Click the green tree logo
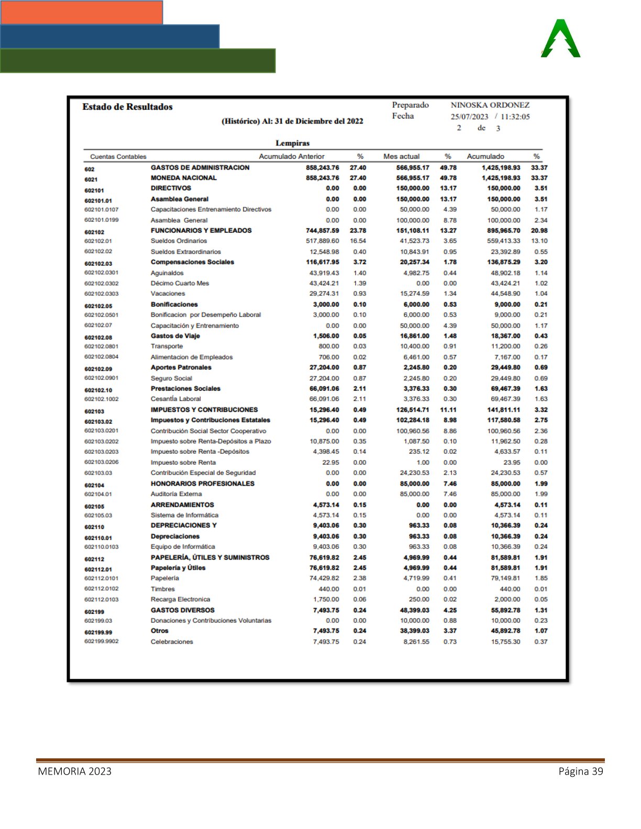(x=561, y=39)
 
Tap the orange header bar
(x=82, y=13)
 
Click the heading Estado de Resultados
(x=127, y=107)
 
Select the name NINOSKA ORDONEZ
(x=490, y=105)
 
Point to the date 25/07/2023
(x=469, y=117)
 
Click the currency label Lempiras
(x=292, y=143)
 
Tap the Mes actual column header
(x=401, y=156)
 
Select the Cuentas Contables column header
(x=118, y=156)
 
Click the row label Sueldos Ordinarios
(x=179, y=241)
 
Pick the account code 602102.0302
(x=102, y=283)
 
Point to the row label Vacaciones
(x=168, y=294)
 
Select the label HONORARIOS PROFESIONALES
(x=202, y=484)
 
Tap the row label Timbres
(x=162, y=589)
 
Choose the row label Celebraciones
(x=172, y=642)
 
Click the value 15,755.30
(x=505, y=642)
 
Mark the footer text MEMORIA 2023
(x=74, y=771)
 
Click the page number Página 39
(x=581, y=771)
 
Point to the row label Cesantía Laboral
(x=175, y=399)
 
